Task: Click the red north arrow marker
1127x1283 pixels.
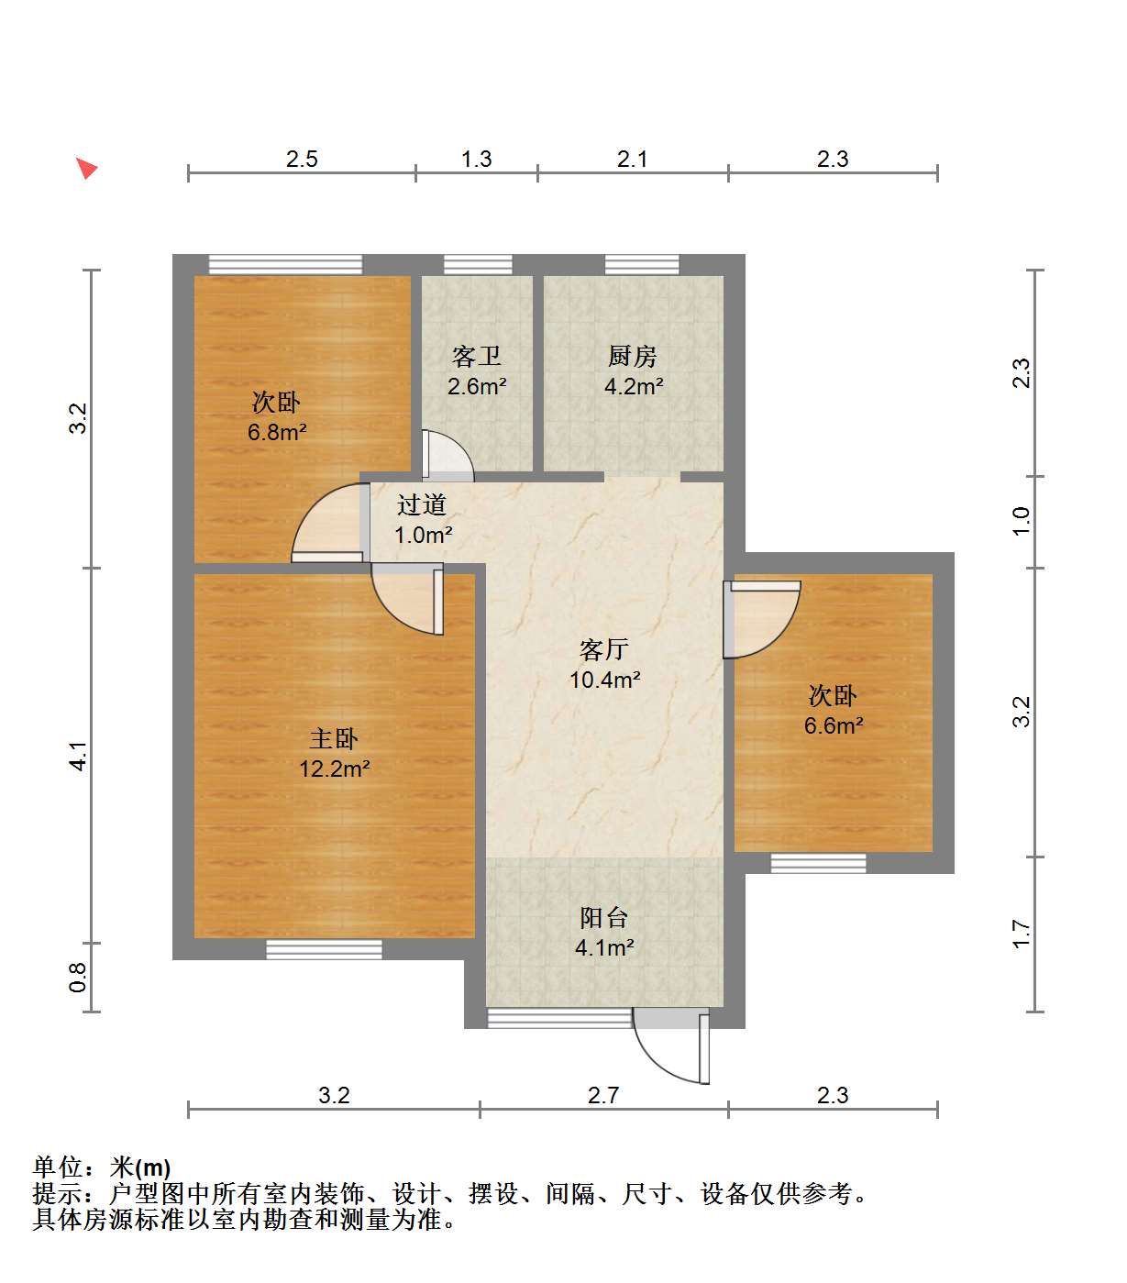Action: click(x=87, y=168)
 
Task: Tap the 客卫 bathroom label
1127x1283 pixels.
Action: click(x=476, y=356)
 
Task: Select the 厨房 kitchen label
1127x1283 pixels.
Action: click(x=632, y=356)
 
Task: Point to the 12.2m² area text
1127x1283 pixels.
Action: click(x=335, y=769)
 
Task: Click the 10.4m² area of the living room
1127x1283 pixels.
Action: click(x=604, y=680)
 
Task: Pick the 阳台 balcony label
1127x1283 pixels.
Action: click(x=603, y=918)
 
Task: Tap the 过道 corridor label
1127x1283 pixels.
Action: click(x=422, y=504)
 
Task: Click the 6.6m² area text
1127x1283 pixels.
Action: click(x=834, y=725)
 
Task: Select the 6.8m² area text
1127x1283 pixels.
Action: click(x=277, y=432)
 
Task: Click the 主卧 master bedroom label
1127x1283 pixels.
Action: click(x=334, y=738)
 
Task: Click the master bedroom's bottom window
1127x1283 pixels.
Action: click(x=324, y=949)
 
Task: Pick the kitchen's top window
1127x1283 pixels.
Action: click(x=641, y=264)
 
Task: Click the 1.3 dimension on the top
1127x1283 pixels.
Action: click(x=476, y=159)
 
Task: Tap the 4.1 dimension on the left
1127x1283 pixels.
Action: click(x=78, y=756)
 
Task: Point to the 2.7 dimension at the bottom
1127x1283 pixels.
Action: click(x=603, y=1095)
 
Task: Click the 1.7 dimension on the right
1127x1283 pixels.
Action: click(x=1022, y=935)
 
